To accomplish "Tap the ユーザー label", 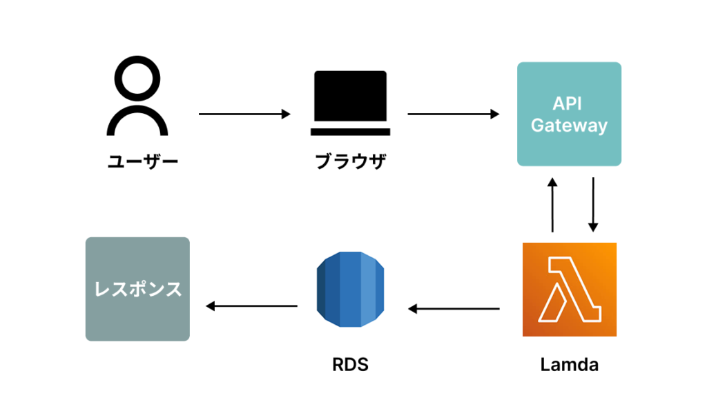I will pyautogui.click(x=143, y=163).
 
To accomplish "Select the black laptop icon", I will pyautogui.click(x=351, y=102).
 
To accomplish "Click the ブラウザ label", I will pyautogui.click(x=351, y=163).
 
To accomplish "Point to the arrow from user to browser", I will pyautogui.click(x=244, y=114).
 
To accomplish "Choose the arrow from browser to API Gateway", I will pyautogui.click(x=453, y=114).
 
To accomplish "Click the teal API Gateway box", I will pyautogui.click(x=569, y=114).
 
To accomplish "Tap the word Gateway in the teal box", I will pyautogui.click(x=569, y=126).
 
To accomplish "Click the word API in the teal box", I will pyautogui.click(x=567, y=103).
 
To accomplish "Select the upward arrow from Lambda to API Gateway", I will pyautogui.click(x=552, y=205).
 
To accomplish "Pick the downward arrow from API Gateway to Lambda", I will pyautogui.click(x=592, y=205).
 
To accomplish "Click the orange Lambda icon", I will pyautogui.click(x=569, y=289).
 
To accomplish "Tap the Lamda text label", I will pyautogui.click(x=569, y=365).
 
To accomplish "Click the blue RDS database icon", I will pyautogui.click(x=350, y=290).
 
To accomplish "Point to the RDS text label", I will pyautogui.click(x=350, y=365).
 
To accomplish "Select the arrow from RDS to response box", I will pyautogui.click(x=251, y=306).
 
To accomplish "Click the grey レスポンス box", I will pyautogui.click(x=137, y=289).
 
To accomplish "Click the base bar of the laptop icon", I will pyautogui.click(x=351, y=131).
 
